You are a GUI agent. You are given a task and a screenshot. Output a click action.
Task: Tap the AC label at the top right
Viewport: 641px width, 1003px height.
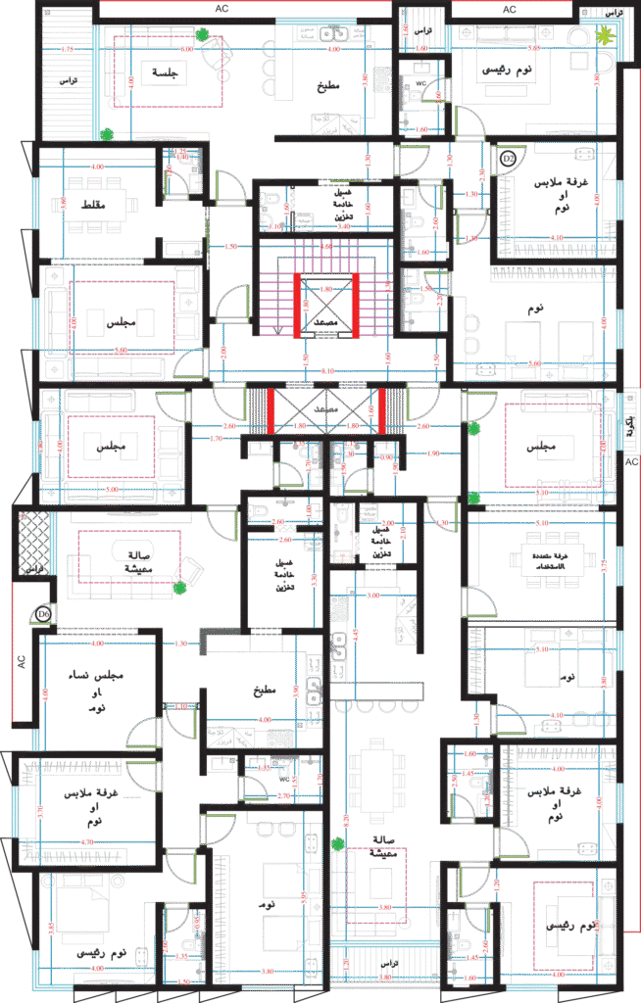click(x=509, y=8)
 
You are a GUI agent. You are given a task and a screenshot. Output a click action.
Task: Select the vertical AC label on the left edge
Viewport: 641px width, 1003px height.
click(x=21, y=661)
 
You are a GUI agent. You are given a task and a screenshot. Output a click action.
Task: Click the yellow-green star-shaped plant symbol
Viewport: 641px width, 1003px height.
click(x=605, y=35)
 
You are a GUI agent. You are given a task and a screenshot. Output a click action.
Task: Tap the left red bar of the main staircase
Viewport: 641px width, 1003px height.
click(x=298, y=305)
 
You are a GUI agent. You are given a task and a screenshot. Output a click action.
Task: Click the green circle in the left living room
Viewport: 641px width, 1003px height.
click(x=180, y=588)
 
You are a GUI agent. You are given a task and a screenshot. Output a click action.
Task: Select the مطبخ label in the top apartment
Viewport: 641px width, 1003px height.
click(x=328, y=85)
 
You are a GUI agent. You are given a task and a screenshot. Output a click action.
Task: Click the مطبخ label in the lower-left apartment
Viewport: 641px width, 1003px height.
click(x=263, y=690)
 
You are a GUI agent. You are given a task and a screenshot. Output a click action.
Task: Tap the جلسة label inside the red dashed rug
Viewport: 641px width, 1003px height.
click(x=160, y=72)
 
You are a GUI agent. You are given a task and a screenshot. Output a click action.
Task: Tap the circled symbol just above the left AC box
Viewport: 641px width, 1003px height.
click(x=42, y=614)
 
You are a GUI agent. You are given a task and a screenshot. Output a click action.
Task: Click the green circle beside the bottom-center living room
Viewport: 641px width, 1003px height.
click(x=338, y=843)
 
